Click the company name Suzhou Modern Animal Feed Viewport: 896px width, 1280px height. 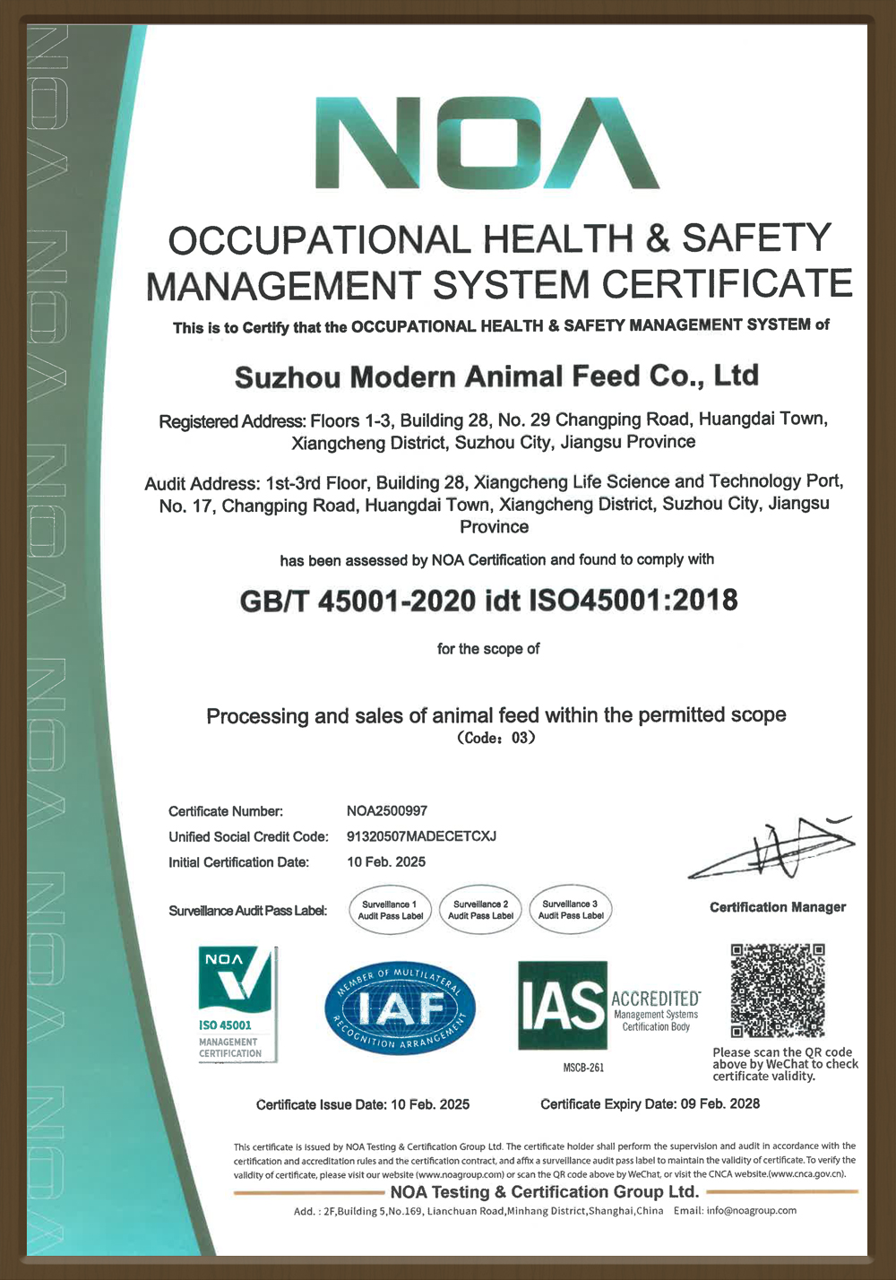click(496, 376)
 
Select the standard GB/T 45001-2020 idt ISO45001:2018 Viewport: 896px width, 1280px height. click(488, 600)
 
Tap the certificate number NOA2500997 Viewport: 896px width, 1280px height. click(387, 811)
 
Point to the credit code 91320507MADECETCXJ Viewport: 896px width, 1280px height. click(421, 836)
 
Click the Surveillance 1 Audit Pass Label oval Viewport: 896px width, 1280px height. click(390, 911)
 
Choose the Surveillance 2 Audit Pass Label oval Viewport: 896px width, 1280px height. click(480, 911)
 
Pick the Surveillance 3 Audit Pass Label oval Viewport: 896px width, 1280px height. click(570, 911)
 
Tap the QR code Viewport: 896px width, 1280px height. click(778, 990)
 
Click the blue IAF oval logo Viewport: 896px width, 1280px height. click(400, 1009)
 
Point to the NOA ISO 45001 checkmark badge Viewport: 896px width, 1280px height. click(237, 1004)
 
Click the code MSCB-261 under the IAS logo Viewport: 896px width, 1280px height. click(583, 1068)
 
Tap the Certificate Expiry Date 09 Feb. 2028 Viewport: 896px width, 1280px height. click(650, 1104)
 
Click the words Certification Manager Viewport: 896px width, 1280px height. click(778, 907)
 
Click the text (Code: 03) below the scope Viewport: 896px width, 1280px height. click(496, 739)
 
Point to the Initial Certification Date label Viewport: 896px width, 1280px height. click(238, 862)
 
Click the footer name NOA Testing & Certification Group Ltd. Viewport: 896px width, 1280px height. click(544, 1192)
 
